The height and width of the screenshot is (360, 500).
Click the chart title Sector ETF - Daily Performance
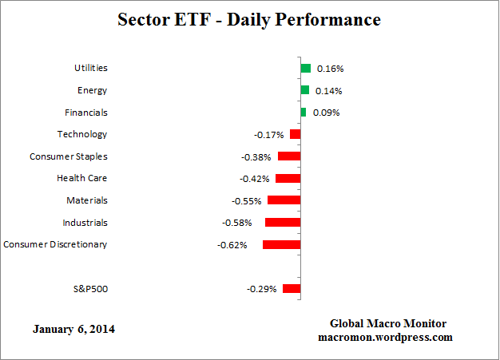[x=249, y=19]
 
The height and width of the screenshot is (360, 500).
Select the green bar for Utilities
[x=305, y=69]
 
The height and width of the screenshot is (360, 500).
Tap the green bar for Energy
[x=304, y=90]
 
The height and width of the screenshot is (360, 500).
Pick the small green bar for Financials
[x=303, y=113]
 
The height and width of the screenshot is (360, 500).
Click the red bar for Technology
[x=295, y=134]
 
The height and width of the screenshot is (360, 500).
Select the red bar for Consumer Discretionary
[x=281, y=244]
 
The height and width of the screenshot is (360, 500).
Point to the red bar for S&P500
[x=291, y=288]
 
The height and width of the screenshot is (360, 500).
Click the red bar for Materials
[x=284, y=200]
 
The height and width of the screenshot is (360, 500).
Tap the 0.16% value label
[x=331, y=69]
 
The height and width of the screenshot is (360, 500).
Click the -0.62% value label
[x=232, y=244]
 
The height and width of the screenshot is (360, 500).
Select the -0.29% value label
[x=261, y=288]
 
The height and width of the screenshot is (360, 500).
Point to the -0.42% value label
[x=255, y=179]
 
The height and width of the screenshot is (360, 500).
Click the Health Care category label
[x=81, y=178]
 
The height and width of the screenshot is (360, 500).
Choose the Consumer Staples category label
[x=68, y=156]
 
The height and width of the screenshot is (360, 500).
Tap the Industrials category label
[x=85, y=222]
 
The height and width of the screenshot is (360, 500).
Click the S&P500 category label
[x=89, y=288]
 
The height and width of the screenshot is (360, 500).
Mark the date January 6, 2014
[x=73, y=329]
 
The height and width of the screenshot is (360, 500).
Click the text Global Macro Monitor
[x=388, y=323]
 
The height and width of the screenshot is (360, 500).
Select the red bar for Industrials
[x=282, y=222]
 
